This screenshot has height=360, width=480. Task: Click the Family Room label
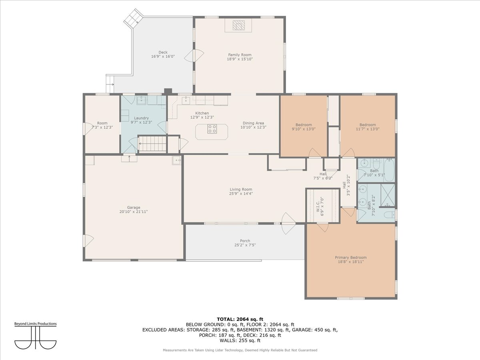240,55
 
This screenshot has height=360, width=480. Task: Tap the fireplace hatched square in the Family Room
238,25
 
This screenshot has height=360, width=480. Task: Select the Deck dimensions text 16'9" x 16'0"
163,56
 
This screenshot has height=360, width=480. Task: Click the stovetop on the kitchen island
212,129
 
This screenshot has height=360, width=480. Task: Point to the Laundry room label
141,118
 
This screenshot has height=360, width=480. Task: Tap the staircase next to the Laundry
153,144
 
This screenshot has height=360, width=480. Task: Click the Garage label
134,208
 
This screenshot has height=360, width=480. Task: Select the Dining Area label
253,123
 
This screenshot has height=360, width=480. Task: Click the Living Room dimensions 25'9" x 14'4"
241,194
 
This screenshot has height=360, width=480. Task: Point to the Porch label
245,241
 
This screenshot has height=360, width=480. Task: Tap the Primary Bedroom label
351,258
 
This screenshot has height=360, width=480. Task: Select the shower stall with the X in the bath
388,195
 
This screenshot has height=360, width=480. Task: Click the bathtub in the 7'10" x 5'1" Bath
389,170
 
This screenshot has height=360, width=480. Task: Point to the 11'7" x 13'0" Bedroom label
368,125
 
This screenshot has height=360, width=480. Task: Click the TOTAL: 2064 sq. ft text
240,319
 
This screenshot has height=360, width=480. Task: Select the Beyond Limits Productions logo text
36,324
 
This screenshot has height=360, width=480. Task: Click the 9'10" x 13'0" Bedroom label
304,125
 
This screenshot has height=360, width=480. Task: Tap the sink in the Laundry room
142,100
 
